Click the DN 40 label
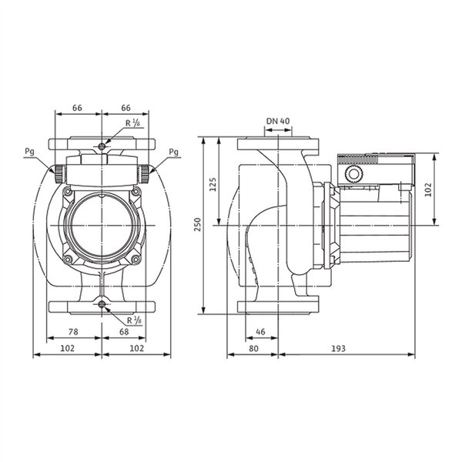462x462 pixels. point(278,121)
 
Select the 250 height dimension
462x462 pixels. point(197,225)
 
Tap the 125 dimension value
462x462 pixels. point(213,185)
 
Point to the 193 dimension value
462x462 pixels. point(338,349)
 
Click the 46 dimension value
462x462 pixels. point(260,332)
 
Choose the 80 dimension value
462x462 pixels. point(253,349)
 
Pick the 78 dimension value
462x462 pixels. point(73,332)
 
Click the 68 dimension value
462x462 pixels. point(124,332)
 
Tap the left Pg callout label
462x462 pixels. point(29,152)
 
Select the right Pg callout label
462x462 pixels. point(173,152)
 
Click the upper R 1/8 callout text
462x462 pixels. point(133,123)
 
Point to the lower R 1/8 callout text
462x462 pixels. point(134,320)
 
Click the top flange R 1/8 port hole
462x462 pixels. point(102,146)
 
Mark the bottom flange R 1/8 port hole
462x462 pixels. point(102,305)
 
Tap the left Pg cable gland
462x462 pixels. point(59,174)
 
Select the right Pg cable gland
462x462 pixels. point(144,174)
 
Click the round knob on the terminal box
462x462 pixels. point(353,174)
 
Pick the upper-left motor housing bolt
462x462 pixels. point(68,192)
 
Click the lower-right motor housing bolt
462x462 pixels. point(136,259)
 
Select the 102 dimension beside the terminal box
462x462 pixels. point(429,189)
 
